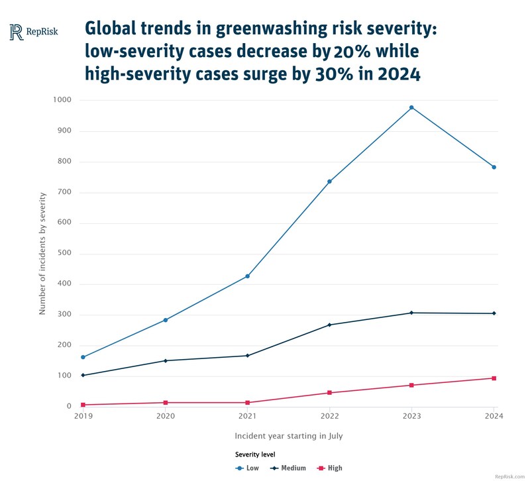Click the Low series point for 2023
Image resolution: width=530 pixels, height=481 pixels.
[x=411, y=107]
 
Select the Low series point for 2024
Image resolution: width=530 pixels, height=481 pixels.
[x=494, y=167]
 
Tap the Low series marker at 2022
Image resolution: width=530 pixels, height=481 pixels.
[x=329, y=182]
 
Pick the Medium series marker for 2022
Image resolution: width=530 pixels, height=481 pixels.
[x=329, y=325]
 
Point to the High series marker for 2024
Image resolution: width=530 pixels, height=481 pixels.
[x=494, y=378]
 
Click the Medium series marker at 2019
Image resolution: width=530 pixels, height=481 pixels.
[x=83, y=375]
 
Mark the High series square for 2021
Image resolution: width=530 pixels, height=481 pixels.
[x=247, y=403]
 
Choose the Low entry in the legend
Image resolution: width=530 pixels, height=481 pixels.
[x=248, y=468]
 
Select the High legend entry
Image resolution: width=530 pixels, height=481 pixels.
[x=330, y=468]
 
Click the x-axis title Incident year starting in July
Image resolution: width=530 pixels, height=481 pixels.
[x=288, y=436]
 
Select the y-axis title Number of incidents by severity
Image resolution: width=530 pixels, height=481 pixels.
[x=42, y=253]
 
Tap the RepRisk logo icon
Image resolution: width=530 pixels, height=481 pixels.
[x=17, y=31]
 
